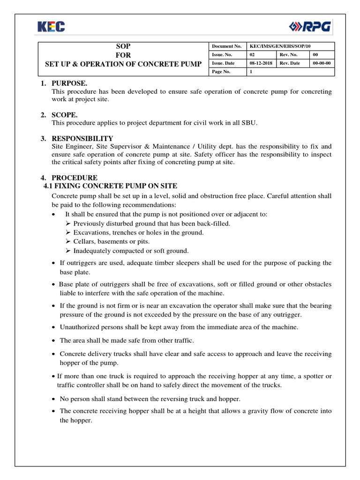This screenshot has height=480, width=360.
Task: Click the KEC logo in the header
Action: [52, 27]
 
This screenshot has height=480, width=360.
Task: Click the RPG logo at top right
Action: [310, 27]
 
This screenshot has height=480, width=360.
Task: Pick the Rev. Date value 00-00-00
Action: [322, 63]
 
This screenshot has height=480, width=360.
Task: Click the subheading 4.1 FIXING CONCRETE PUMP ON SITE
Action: [111, 186]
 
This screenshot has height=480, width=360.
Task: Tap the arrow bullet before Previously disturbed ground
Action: [68, 224]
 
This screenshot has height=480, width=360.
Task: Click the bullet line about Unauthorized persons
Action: [179, 327]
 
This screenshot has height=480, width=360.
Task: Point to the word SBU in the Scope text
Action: [250, 123]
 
